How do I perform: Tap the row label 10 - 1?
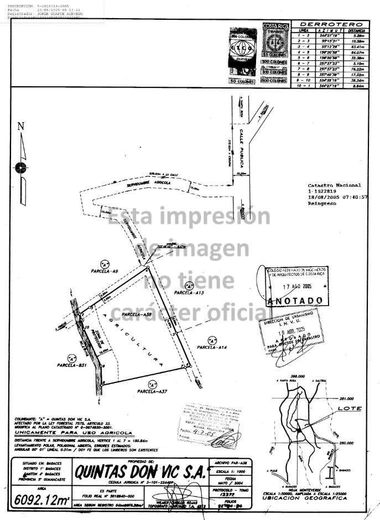coord(303,86)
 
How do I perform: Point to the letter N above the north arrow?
coord(21,127)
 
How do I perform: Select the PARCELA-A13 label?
coord(188,292)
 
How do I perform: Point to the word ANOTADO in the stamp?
coord(295,300)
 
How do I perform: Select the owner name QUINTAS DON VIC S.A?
coord(140,473)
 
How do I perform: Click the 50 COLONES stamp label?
coord(242,82)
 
